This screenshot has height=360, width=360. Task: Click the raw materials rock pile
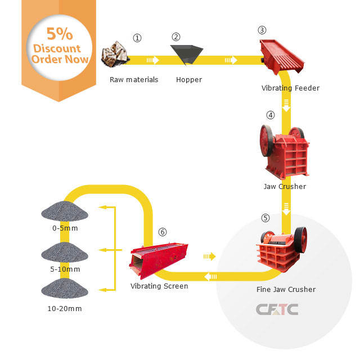pyautogui.click(x=115, y=54)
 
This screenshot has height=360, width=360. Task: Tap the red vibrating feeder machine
pyautogui.click(x=282, y=57)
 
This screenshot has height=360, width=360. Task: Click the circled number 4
pyautogui.click(x=271, y=115)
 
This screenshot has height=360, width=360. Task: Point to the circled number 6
pyautogui.click(x=163, y=232)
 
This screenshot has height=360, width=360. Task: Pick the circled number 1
pyautogui.click(x=137, y=38)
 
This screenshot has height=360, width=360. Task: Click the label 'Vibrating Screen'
pyautogui.click(x=159, y=286)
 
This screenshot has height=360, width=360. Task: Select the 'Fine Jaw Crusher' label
pyautogui.click(x=286, y=289)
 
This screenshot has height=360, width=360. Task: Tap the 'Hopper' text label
pyautogui.click(x=189, y=80)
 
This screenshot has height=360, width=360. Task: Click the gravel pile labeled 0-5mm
pyautogui.click(x=65, y=211)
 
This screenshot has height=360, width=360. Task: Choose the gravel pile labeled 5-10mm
pyautogui.click(x=65, y=253)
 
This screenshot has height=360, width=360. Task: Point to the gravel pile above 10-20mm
pyautogui.click(x=65, y=289)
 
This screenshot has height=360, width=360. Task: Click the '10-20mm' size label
pyautogui.click(x=65, y=309)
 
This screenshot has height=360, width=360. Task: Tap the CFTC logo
pyautogui.click(x=277, y=309)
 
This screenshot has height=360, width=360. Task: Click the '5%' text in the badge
pyautogui.click(x=60, y=34)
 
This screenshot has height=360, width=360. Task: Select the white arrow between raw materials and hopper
pyautogui.click(x=152, y=60)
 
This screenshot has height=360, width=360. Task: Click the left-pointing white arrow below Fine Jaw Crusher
pyautogui.click(x=210, y=276)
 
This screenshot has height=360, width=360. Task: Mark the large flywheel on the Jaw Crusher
pyautogui.click(x=266, y=141)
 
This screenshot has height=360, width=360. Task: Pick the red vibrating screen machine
pyautogui.click(x=159, y=261)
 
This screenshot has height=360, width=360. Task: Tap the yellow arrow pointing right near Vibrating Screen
pyautogui.click(x=209, y=256)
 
